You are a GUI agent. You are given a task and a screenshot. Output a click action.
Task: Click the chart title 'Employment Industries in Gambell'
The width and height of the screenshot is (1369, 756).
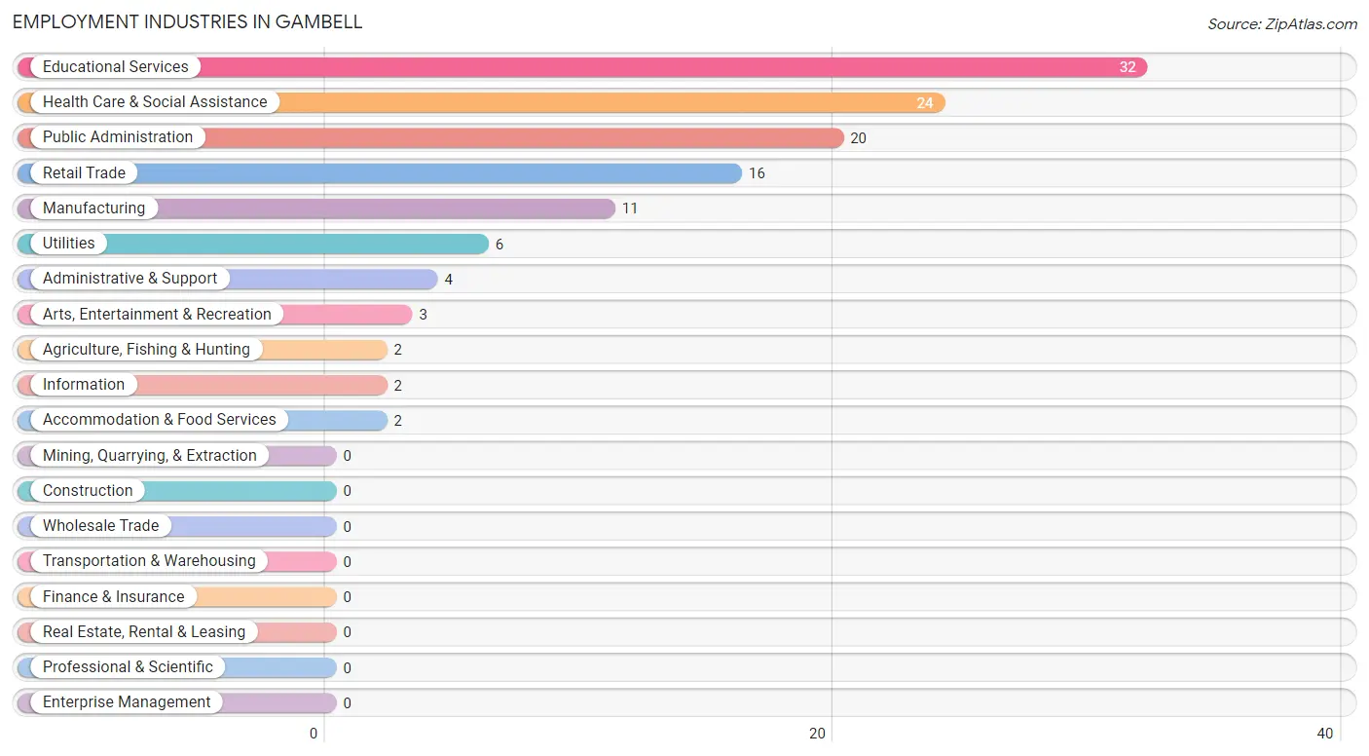point(188,21)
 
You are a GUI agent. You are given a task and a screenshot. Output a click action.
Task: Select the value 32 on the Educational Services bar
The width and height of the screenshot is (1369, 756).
point(1128,67)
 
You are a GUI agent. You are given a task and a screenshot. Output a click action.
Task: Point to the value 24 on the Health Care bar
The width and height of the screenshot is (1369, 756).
point(925,102)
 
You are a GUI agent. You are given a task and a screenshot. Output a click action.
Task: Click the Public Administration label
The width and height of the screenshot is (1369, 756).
point(118,137)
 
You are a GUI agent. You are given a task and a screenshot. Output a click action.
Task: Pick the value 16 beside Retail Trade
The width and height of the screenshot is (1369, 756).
point(757,173)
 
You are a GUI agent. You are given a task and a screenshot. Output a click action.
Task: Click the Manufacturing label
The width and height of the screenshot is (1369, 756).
point(93,208)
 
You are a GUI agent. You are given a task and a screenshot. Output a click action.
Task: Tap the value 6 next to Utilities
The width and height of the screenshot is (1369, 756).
point(499,245)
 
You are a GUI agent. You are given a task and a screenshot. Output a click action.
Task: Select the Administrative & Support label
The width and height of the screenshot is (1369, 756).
point(129,279)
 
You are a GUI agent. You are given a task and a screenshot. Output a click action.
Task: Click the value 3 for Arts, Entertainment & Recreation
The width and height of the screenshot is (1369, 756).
point(423,315)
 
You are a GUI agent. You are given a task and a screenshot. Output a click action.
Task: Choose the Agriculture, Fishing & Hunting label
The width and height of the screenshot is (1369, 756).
point(146,350)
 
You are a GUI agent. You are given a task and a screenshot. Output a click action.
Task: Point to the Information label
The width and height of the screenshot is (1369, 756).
point(84,385)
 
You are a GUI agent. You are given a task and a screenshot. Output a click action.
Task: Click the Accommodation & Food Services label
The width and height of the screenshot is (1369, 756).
point(160,420)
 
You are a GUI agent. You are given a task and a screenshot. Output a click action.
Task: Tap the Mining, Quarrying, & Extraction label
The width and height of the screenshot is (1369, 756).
point(150,456)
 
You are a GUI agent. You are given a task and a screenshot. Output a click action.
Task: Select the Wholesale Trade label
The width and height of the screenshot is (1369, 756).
point(100,526)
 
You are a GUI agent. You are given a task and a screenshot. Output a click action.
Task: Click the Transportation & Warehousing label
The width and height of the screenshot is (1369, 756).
point(149,561)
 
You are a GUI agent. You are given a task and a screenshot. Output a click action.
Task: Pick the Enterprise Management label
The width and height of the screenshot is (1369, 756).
point(127,702)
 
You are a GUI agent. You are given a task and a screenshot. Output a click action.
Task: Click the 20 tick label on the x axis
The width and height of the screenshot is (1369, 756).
point(818,734)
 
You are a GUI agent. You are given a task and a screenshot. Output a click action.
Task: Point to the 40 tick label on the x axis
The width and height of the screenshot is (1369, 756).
point(1324,734)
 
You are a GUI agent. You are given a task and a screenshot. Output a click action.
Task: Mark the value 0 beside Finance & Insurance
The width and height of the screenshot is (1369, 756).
point(347,597)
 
